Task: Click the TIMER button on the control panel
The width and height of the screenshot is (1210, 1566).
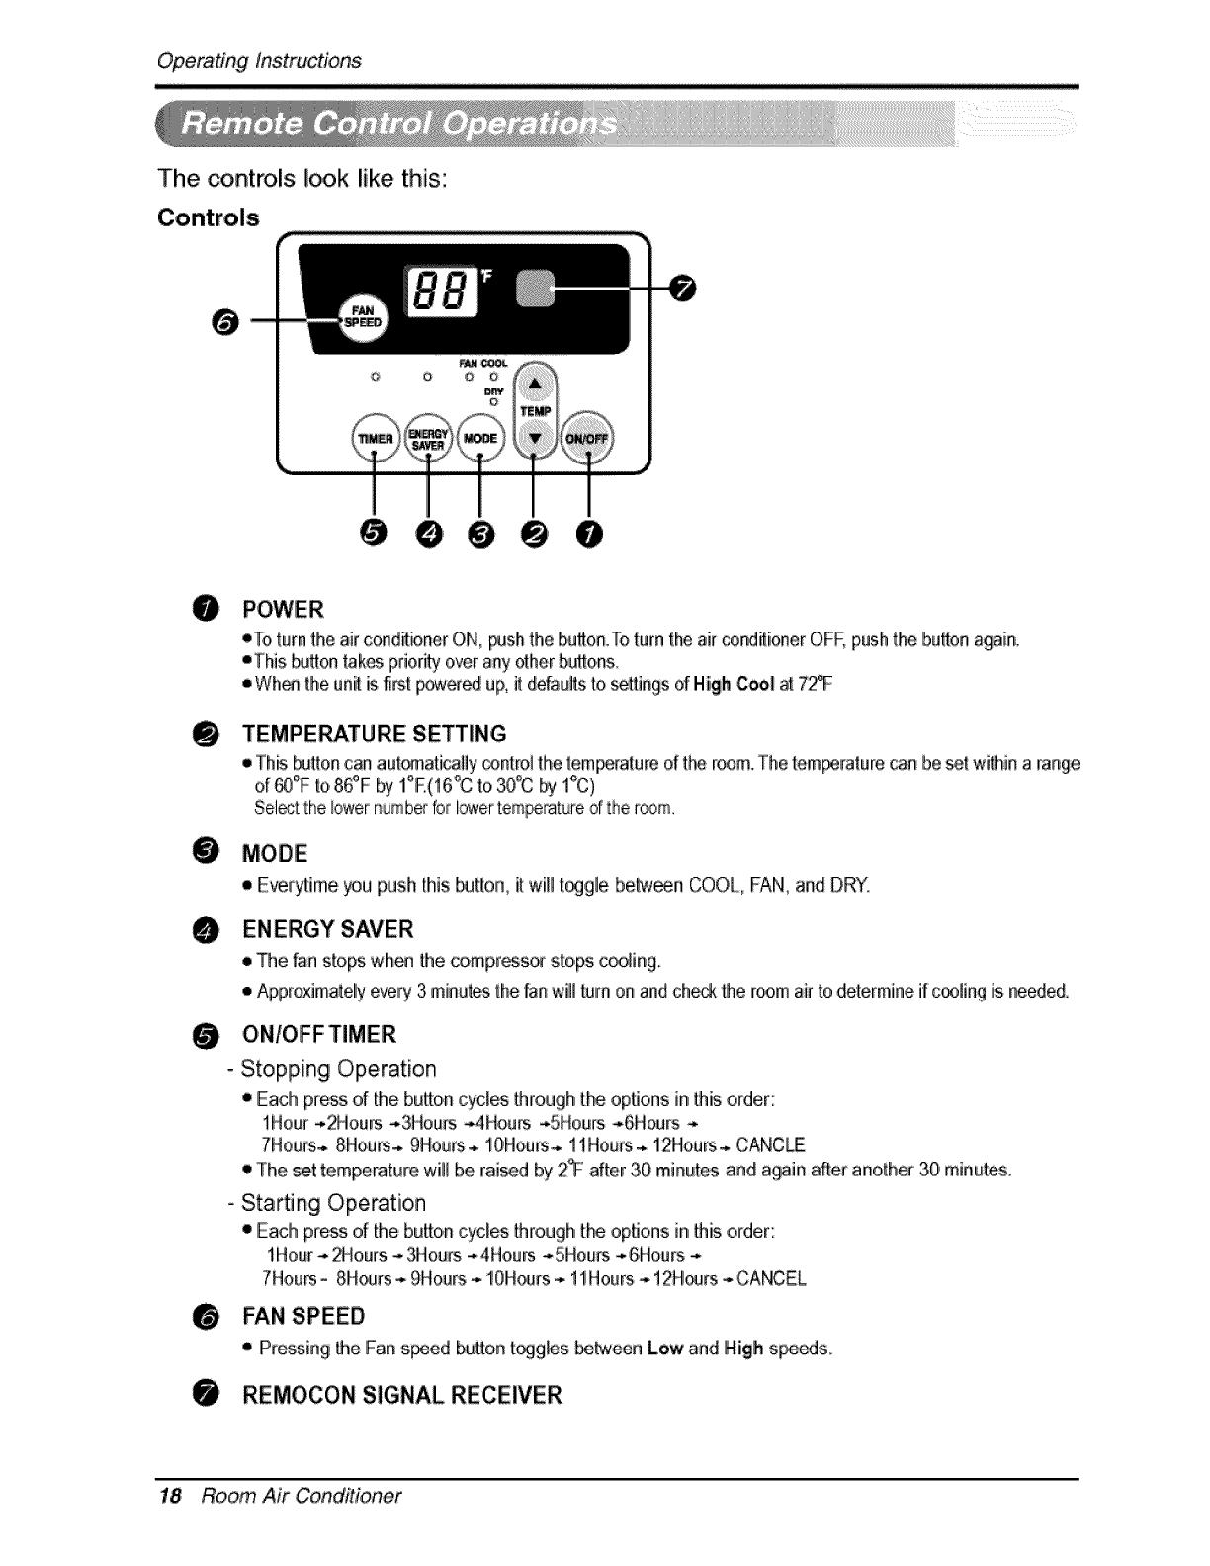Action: (x=374, y=437)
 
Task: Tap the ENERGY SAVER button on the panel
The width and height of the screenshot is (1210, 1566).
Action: (x=427, y=437)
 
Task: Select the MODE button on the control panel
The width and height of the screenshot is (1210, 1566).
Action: (x=479, y=437)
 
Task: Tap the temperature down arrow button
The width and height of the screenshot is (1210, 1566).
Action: (x=535, y=437)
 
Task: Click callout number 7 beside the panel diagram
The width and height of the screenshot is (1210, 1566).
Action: (x=683, y=287)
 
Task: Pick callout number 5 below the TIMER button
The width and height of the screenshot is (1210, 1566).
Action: (x=374, y=534)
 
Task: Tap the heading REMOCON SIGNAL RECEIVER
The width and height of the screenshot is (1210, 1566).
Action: (x=402, y=1395)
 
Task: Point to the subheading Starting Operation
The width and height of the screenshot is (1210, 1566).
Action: (x=333, y=1203)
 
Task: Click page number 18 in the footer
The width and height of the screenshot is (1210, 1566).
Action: (x=170, y=1495)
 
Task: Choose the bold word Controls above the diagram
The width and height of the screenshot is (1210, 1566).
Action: (x=209, y=217)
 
